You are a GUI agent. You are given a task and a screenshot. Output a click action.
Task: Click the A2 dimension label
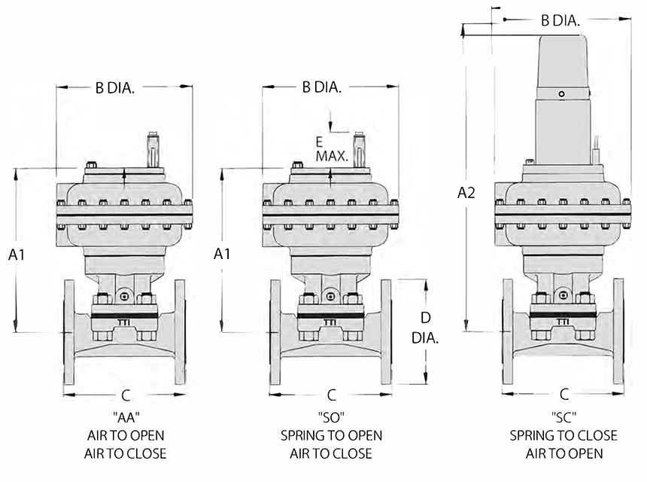466,193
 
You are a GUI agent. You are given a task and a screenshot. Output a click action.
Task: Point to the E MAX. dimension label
331,149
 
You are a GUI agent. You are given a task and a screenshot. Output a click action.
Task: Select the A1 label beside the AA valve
18,255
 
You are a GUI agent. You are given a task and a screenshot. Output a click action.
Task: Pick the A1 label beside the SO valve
221,255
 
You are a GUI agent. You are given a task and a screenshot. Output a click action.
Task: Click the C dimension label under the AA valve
126,395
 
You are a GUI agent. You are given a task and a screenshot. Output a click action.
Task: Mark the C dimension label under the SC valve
564,393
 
